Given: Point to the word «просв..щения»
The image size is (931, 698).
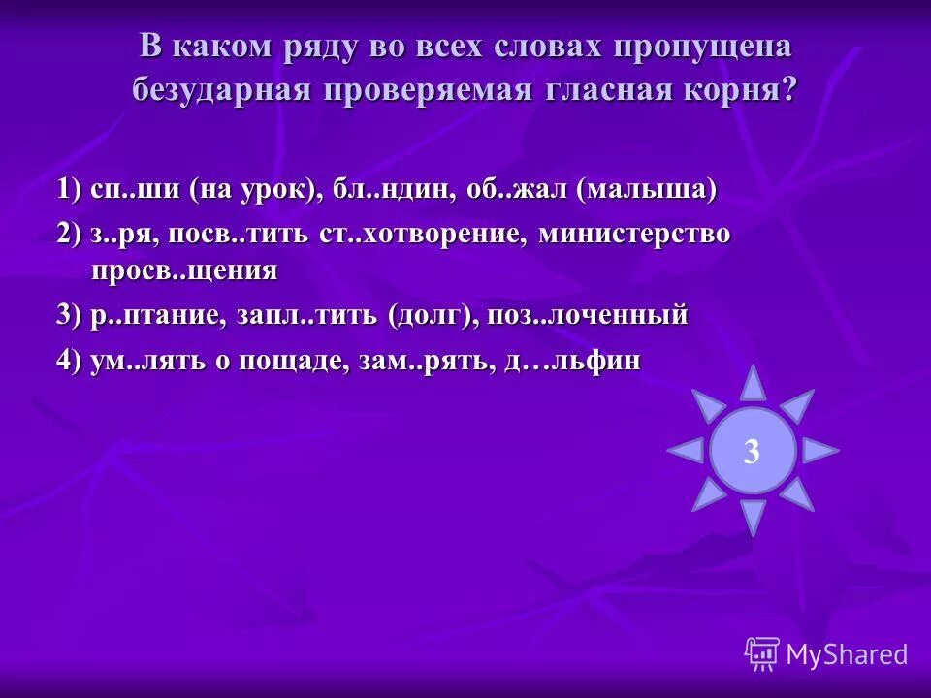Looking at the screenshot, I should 184,270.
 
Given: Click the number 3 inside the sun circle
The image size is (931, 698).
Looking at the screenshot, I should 752,451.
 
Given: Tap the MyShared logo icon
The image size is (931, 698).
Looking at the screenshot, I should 762,653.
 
